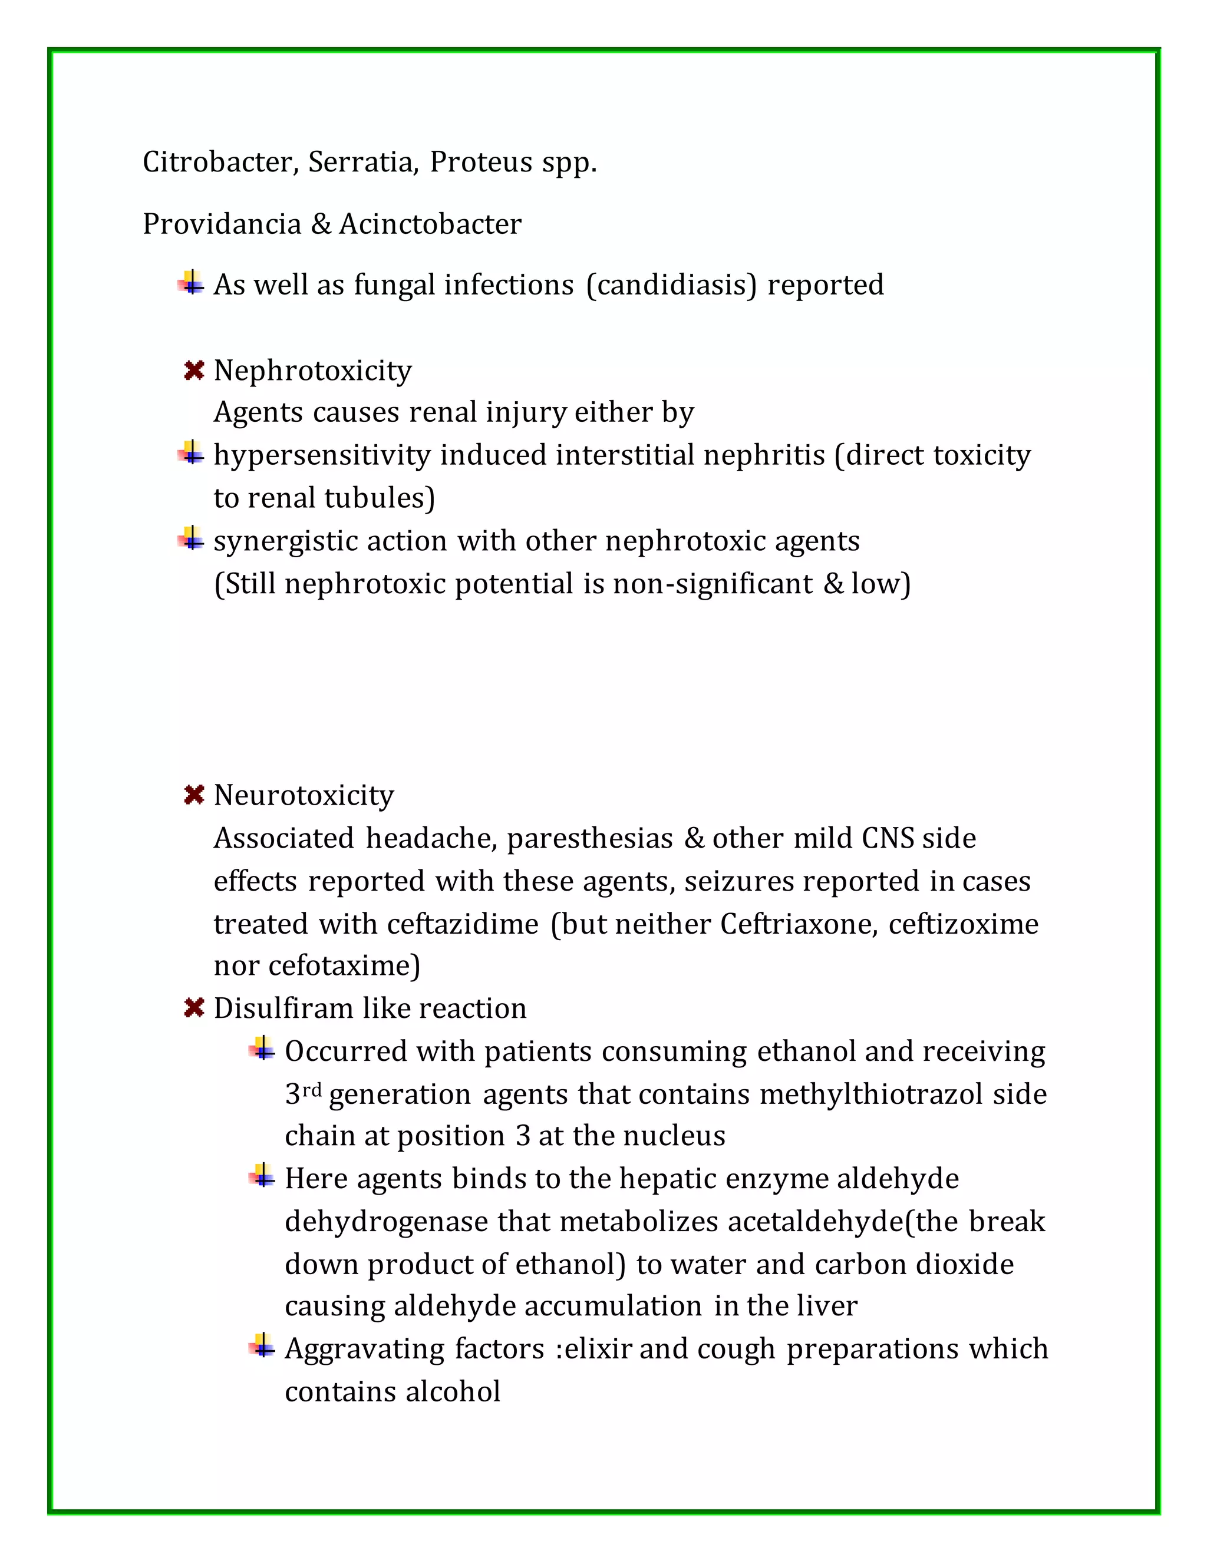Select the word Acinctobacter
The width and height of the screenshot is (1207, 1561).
coord(430,224)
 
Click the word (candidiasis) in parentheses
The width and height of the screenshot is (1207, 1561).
coord(671,285)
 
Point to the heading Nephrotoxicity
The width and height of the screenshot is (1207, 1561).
coord(312,371)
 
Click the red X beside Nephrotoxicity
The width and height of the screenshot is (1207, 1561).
coord(194,371)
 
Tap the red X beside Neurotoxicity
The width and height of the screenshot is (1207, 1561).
coord(194,794)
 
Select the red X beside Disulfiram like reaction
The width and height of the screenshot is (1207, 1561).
coord(194,1008)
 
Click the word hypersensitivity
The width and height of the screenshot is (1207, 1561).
coord(322,455)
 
